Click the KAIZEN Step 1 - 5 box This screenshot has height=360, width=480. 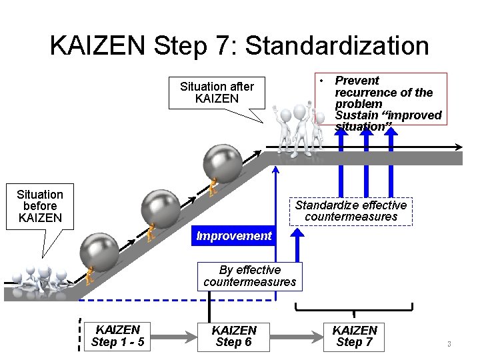(x=118, y=336)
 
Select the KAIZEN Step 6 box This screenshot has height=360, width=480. (x=233, y=336)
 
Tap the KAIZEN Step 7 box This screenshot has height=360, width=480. (x=354, y=336)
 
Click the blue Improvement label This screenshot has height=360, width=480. (x=233, y=235)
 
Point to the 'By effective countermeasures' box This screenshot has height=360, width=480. (x=249, y=276)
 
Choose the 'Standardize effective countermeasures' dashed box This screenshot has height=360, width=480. (x=351, y=211)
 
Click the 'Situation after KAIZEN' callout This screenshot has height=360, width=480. (x=217, y=92)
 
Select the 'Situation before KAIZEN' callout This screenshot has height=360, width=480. (x=40, y=206)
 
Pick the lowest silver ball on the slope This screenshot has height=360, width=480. (x=99, y=251)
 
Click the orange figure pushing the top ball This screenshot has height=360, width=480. (x=213, y=187)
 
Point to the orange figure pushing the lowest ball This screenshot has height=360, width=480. (x=89, y=275)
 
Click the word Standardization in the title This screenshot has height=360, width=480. (x=337, y=46)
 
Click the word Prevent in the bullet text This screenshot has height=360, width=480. (x=357, y=81)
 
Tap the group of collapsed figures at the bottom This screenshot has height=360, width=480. (x=40, y=279)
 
